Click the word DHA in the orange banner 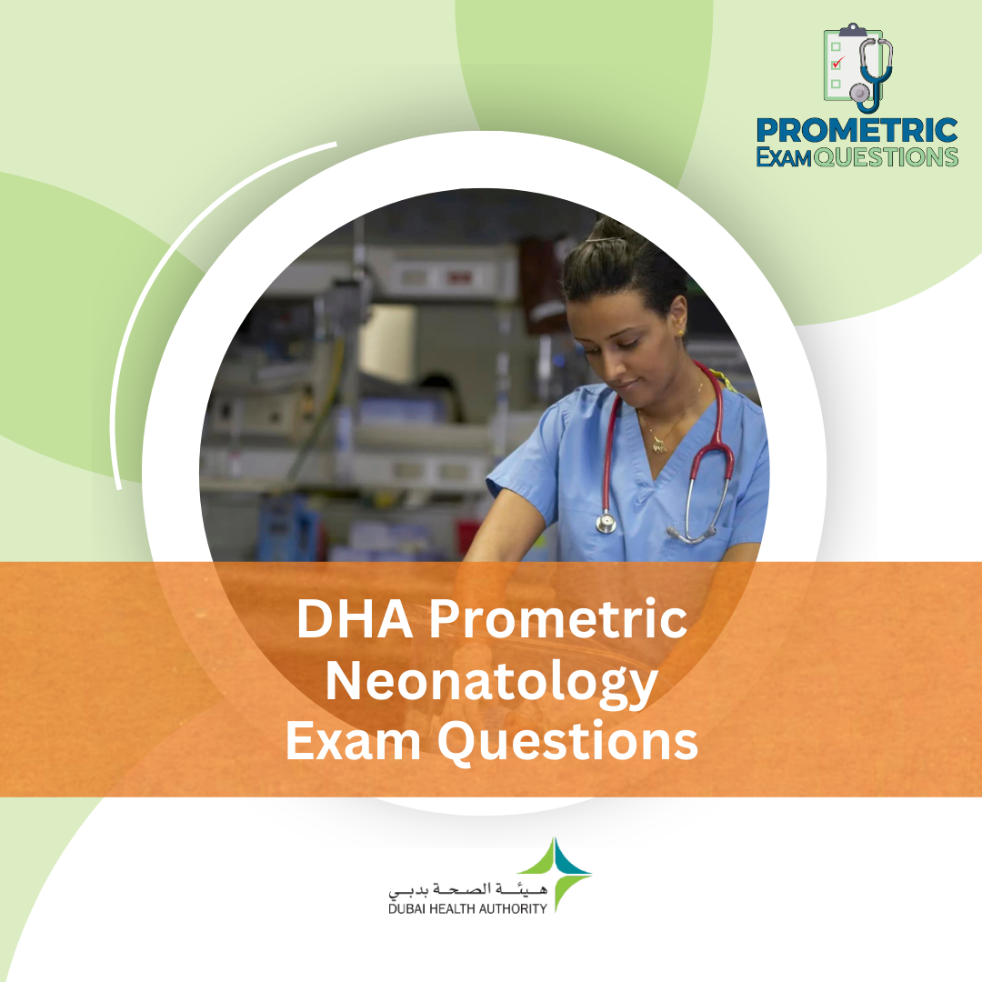[x=351, y=620]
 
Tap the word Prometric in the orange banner [x=557, y=620]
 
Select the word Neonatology [x=491, y=682]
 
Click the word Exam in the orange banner [x=352, y=741]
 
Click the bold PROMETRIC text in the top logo [x=857, y=130]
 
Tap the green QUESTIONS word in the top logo [x=886, y=156]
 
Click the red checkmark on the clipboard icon [x=838, y=62]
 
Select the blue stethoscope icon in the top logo [x=873, y=73]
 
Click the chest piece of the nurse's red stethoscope [x=606, y=523]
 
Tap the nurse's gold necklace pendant [x=658, y=446]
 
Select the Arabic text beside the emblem [x=466, y=887]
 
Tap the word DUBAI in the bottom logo [x=409, y=907]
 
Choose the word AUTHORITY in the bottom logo [x=513, y=907]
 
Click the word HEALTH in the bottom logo [x=456, y=907]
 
